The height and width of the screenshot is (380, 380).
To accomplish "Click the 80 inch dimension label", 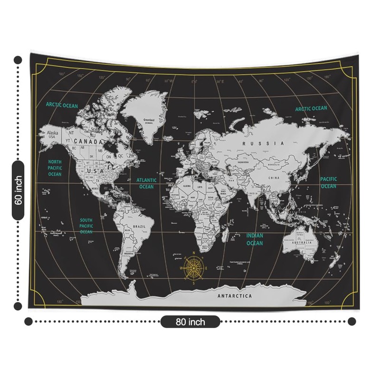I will [x=190, y=322].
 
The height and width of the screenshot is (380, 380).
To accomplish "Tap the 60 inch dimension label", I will [x=19, y=190].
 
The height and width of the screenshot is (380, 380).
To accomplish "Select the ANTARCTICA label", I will [x=235, y=296].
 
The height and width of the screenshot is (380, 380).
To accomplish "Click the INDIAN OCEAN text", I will [x=255, y=239].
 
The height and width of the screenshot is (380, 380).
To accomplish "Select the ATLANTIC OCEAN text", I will [x=146, y=183].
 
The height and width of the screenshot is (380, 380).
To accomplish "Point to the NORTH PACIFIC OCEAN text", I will [x=55, y=168].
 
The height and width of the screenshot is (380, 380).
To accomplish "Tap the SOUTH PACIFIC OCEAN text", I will [x=86, y=226].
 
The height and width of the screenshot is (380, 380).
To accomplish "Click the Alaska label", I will [x=52, y=133].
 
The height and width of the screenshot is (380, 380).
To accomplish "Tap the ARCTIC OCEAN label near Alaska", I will [x=62, y=105].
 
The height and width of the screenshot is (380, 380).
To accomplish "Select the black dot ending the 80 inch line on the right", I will [x=351, y=322].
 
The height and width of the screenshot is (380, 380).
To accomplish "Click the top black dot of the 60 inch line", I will [x=18, y=60].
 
